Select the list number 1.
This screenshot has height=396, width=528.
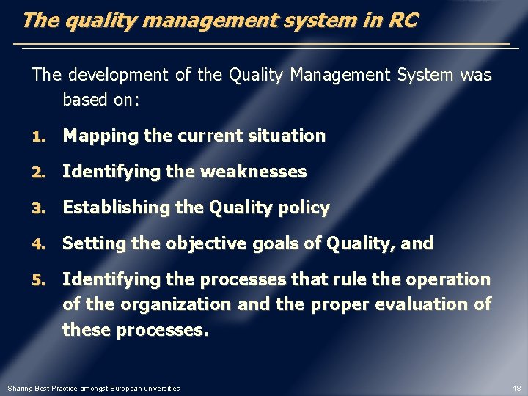pyautogui.click(x=38, y=136)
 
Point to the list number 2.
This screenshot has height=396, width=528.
pyautogui.click(x=38, y=172)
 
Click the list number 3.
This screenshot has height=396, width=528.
pyautogui.click(x=38, y=208)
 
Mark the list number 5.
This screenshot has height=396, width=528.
pyautogui.click(x=38, y=280)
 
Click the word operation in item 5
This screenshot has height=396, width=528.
pyautogui.click(x=454, y=279)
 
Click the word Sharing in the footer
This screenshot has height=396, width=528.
pyautogui.click(x=20, y=388)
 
